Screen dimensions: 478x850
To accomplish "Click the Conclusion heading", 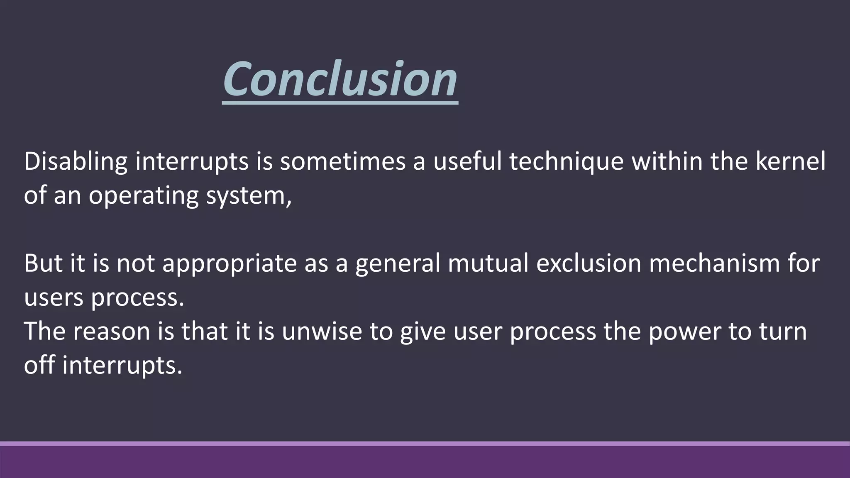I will click(x=340, y=79).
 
